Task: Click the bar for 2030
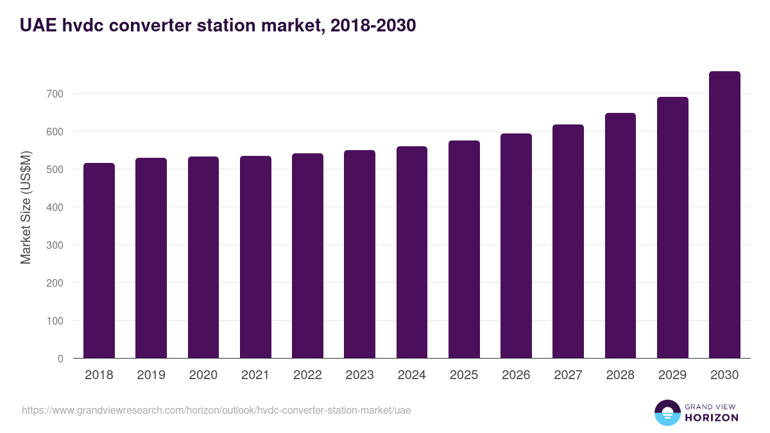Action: point(724,215)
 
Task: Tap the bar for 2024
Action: point(412,252)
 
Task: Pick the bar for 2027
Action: point(568,241)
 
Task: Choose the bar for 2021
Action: point(255,257)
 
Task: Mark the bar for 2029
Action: point(672,228)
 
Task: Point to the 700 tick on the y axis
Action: point(55,94)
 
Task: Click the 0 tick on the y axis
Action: point(60,359)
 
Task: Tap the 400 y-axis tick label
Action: point(55,207)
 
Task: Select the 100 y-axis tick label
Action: point(55,321)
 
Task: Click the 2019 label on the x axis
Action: point(151,375)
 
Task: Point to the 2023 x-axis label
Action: point(359,375)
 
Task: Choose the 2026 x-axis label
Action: point(516,375)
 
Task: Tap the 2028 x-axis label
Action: point(620,375)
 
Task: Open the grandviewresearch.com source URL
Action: point(216,411)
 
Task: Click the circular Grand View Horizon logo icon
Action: point(667,412)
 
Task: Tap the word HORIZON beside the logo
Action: point(712,418)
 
